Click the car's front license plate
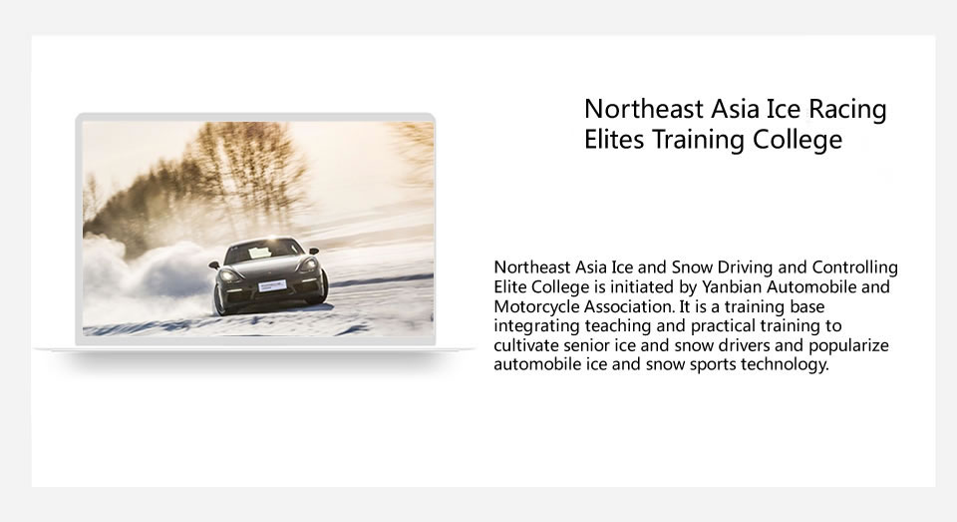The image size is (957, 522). coord(272,285)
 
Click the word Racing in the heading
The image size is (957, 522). coord(847,111)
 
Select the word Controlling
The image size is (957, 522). coord(854,267)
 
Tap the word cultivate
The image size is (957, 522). coord(526,345)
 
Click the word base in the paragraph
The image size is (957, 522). coord(806,306)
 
